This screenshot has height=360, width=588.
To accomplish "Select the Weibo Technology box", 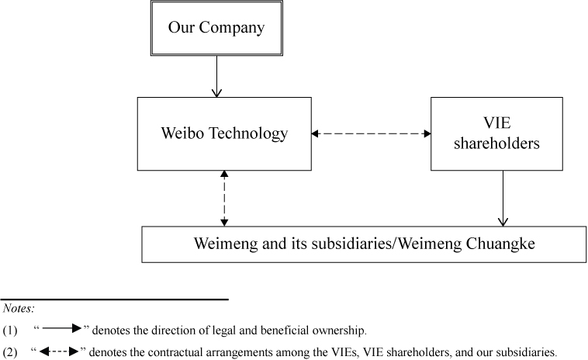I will tap(224, 133).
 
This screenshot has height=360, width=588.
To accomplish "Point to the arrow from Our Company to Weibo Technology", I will tap(216, 78).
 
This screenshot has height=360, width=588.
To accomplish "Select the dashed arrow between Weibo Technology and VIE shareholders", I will tap(371, 133).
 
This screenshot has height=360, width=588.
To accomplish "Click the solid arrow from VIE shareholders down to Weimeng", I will tap(503, 199).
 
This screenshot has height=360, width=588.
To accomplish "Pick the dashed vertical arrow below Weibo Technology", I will tap(224, 199).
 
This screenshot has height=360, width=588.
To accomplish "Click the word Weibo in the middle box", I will tap(181, 133).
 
